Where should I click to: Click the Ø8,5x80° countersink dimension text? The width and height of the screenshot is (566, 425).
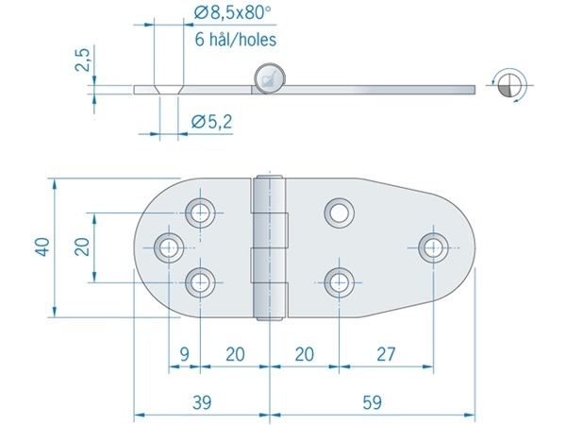click(x=232, y=14)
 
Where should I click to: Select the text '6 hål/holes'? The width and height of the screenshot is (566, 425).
click(x=236, y=40)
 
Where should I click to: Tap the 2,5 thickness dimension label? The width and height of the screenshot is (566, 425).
click(x=82, y=60)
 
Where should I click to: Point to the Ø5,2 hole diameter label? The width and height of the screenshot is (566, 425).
click(x=212, y=122)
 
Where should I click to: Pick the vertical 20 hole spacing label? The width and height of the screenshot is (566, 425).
click(x=82, y=247)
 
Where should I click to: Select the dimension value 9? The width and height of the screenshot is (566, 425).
click(x=184, y=354)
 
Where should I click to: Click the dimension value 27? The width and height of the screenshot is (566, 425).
click(x=386, y=354)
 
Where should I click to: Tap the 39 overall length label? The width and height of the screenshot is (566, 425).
click(x=202, y=402)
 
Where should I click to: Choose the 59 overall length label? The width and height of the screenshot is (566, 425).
click(x=372, y=402)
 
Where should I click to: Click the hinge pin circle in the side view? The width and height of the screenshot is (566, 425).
click(x=269, y=79)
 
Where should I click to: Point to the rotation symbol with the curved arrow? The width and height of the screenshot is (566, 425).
click(x=508, y=86)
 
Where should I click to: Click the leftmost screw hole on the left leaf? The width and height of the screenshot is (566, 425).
click(x=169, y=247)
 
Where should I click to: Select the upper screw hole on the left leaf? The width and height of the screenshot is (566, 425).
click(x=200, y=212)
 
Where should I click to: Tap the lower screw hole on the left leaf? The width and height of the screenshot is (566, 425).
click(x=200, y=282)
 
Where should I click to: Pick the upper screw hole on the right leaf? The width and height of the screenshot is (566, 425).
click(x=339, y=212)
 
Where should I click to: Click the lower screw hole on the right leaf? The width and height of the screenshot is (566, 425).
click(x=339, y=282)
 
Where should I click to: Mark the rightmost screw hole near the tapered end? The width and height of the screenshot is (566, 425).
click(x=433, y=247)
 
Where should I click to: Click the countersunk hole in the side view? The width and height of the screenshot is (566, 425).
click(x=169, y=90)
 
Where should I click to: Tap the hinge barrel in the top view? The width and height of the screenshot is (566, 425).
click(x=269, y=247)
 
